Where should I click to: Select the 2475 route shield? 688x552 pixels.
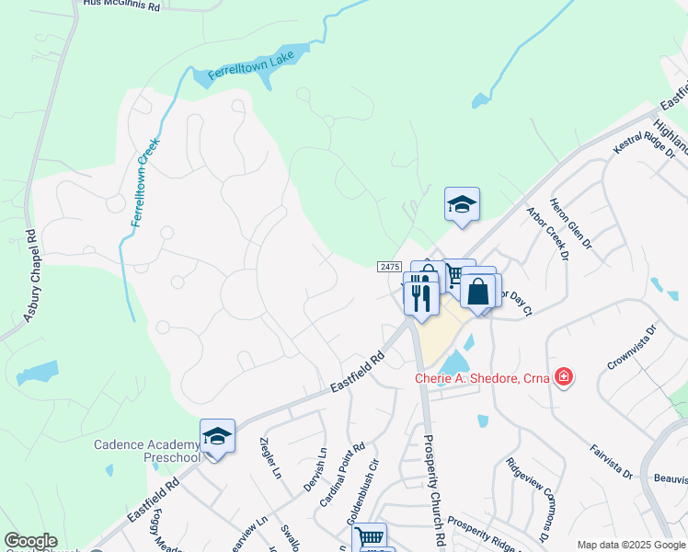[x=390, y=267]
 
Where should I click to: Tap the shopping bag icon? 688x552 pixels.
[x=479, y=292]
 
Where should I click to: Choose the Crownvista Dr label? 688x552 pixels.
[x=631, y=347]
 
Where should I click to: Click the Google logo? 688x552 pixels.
[x=30, y=541]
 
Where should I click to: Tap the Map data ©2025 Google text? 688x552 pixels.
[x=630, y=545]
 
